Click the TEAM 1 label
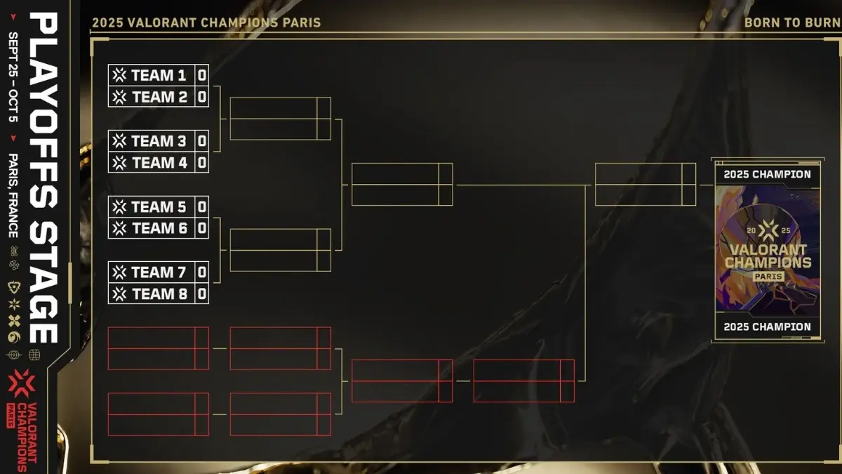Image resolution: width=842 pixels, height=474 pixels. pos(159,75)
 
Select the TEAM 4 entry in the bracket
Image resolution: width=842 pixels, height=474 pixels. pos(159,163)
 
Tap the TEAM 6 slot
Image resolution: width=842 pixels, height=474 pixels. pos(159,228)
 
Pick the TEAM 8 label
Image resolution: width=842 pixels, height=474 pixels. pos(159,294)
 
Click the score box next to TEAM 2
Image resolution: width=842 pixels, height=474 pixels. pos(202,97)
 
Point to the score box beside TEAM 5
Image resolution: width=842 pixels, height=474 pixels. pos(202,206)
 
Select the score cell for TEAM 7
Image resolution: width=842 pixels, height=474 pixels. pos(202,272)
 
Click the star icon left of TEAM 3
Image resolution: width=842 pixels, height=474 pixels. pos(120,141)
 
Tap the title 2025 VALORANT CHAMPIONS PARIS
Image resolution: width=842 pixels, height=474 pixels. pos(206,22)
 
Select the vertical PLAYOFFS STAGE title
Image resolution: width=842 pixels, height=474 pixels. pos(46,176)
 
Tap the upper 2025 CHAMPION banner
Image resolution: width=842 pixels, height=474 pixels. pos(767,174)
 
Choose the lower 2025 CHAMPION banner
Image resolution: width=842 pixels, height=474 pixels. pos(767,327)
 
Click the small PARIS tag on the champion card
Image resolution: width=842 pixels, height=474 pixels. pos(768,276)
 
